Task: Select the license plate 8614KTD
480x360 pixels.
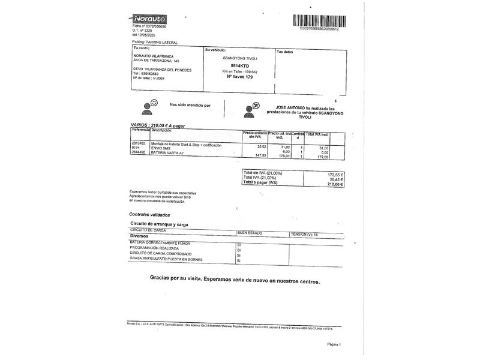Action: pyautogui.click(x=239, y=65)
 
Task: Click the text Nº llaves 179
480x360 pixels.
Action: pyautogui.click(x=239, y=77)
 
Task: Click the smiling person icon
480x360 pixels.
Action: pyautogui.click(x=149, y=107)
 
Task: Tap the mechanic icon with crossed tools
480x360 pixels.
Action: pyautogui.click(x=253, y=109)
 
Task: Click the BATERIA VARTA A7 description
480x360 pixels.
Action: pyautogui.click(x=168, y=154)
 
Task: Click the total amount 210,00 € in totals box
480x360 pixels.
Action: pyautogui.click(x=334, y=184)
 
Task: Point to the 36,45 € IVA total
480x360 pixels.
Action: pyautogui.click(x=335, y=178)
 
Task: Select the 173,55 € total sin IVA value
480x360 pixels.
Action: pyautogui.click(x=335, y=173)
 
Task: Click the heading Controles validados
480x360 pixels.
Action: pyautogui.click(x=149, y=214)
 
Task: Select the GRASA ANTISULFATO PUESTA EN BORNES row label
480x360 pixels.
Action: pyautogui.click(x=166, y=259)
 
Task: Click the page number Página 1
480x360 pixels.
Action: pyautogui.click(x=334, y=344)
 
